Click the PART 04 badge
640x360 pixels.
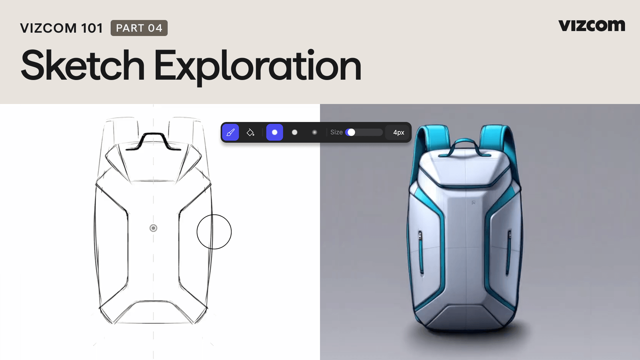tap(139, 28)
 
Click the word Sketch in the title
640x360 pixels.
tap(82, 65)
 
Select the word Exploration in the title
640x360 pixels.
tap(258, 68)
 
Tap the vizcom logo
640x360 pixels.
tap(592, 26)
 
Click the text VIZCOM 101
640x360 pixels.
tap(62, 28)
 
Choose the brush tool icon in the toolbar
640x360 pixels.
tap(230, 132)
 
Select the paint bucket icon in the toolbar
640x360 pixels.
tap(250, 132)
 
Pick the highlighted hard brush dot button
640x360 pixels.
tap(274, 132)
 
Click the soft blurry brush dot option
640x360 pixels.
tap(314, 132)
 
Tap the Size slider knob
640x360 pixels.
tap(351, 132)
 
